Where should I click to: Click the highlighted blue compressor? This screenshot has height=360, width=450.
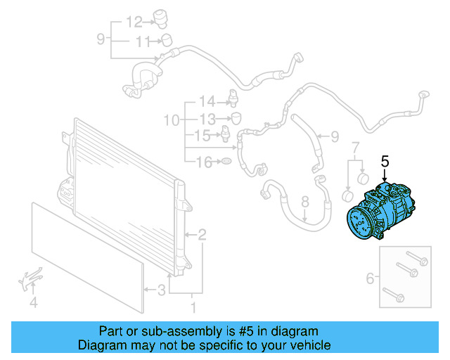coord(384,213)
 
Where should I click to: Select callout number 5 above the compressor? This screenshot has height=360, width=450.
coord(385,162)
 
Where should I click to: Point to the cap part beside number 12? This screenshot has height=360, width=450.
coord(166,18)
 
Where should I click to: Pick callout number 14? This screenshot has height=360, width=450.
coord(206,101)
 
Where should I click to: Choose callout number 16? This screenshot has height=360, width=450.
coord(203,163)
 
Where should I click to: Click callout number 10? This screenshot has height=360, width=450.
coord(172,120)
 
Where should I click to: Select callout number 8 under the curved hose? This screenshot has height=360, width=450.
coord(305,202)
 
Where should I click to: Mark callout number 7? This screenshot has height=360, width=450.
coord(355,148)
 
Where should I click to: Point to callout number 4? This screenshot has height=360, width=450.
coord(32,303)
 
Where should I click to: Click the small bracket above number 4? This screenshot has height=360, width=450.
coord(27,280)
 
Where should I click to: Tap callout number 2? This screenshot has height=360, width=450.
coord(202,234)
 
